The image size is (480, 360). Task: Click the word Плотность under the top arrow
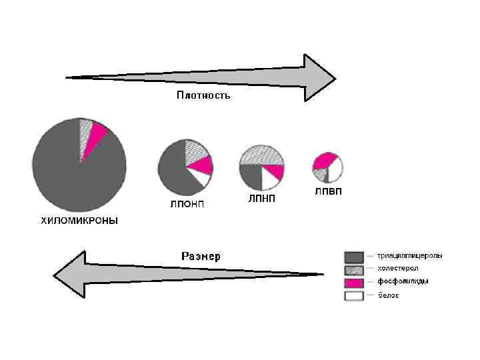click(x=203, y=95)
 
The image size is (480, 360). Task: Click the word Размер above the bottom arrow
click(x=201, y=256)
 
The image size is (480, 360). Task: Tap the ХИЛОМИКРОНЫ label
click(x=79, y=221)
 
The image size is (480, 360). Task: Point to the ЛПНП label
click(x=261, y=198)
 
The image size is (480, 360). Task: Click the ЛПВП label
click(x=327, y=191)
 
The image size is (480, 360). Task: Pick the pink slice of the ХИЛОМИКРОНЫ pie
click(x=97, y=133)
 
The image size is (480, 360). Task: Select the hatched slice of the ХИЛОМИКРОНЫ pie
click(x=85, y=137)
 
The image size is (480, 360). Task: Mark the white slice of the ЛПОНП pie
click(x=197, y=177)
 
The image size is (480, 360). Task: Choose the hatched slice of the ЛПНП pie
click(x=261, y=155)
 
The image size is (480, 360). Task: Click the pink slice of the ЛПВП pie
click(x=324, y=160)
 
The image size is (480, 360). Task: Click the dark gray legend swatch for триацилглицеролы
click(x=354, y=257)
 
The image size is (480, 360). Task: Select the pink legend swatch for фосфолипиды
click(x=354, y=283)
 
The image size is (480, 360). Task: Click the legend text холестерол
click(x=398, y=268)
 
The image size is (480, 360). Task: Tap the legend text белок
click(x=389, y=295)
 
